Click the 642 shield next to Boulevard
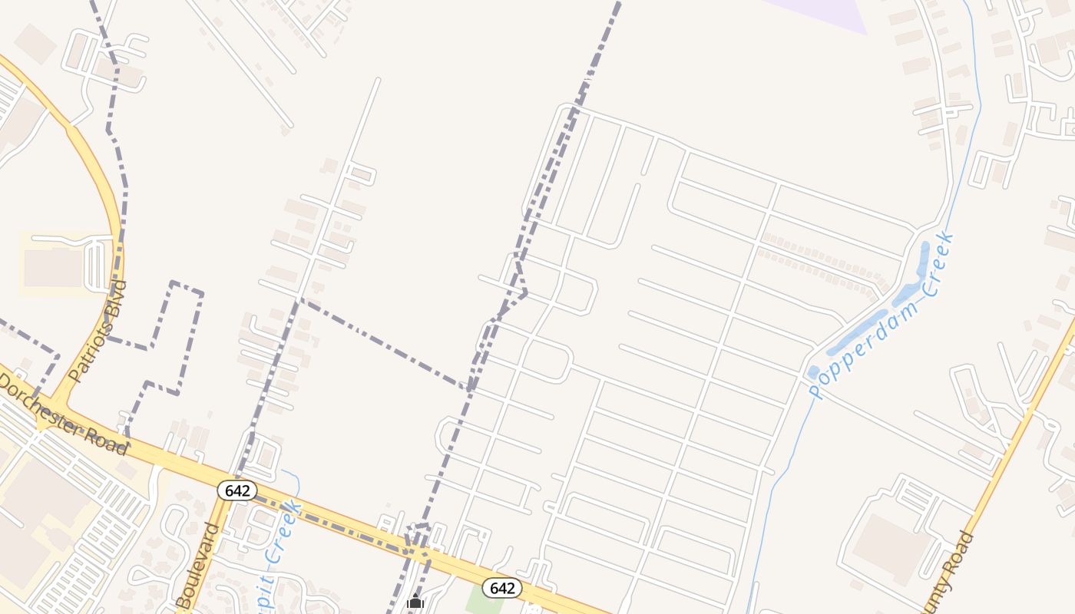(x=237, y=490)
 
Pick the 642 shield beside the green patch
(x=502, y=588)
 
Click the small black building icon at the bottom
(x=415, y=601)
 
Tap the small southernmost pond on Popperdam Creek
(x=814, y=373)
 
